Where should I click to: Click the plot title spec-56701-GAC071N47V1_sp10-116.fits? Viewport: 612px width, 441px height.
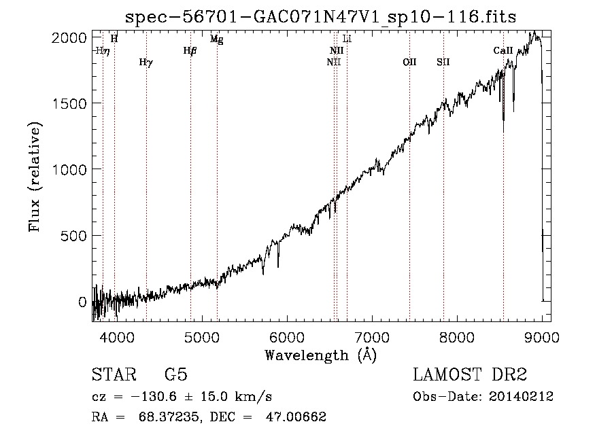(x=320, y=17)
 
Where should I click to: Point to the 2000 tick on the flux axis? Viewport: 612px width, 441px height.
(x=69, y=38)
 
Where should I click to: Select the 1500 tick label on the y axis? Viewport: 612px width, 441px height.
(x=69, y=104)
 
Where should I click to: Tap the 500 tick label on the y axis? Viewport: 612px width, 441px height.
(x=73, y=236)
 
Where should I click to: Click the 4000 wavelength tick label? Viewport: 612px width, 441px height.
(x=117, y=337)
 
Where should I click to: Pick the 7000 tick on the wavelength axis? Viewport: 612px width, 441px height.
(x=372, y=337)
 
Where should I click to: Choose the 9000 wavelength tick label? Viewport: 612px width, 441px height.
(x=542, y=337)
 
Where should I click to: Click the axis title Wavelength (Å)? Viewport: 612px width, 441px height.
(x=321, y=355)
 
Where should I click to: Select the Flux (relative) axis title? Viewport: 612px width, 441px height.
(x=35, y=177)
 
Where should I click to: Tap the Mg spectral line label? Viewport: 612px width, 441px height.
(x=217, y=39)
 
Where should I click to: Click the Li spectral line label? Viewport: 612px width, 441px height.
(x=347, y=39)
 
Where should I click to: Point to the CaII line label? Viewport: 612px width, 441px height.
(x=503, y=50)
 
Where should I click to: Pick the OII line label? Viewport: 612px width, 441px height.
(x=409, y=62)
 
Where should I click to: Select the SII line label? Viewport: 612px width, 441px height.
(x=443, y=62)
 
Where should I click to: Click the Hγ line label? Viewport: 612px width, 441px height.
(x=146, y=63)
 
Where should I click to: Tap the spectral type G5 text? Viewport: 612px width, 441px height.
(x=176, y=374)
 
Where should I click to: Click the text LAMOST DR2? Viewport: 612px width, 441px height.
(x=470, y=374)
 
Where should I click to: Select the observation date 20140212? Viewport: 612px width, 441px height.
(x=521, y=397)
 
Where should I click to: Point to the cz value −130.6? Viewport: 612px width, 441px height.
(x=154, y=397)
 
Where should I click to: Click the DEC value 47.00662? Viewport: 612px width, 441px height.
(x=296, y=417)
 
